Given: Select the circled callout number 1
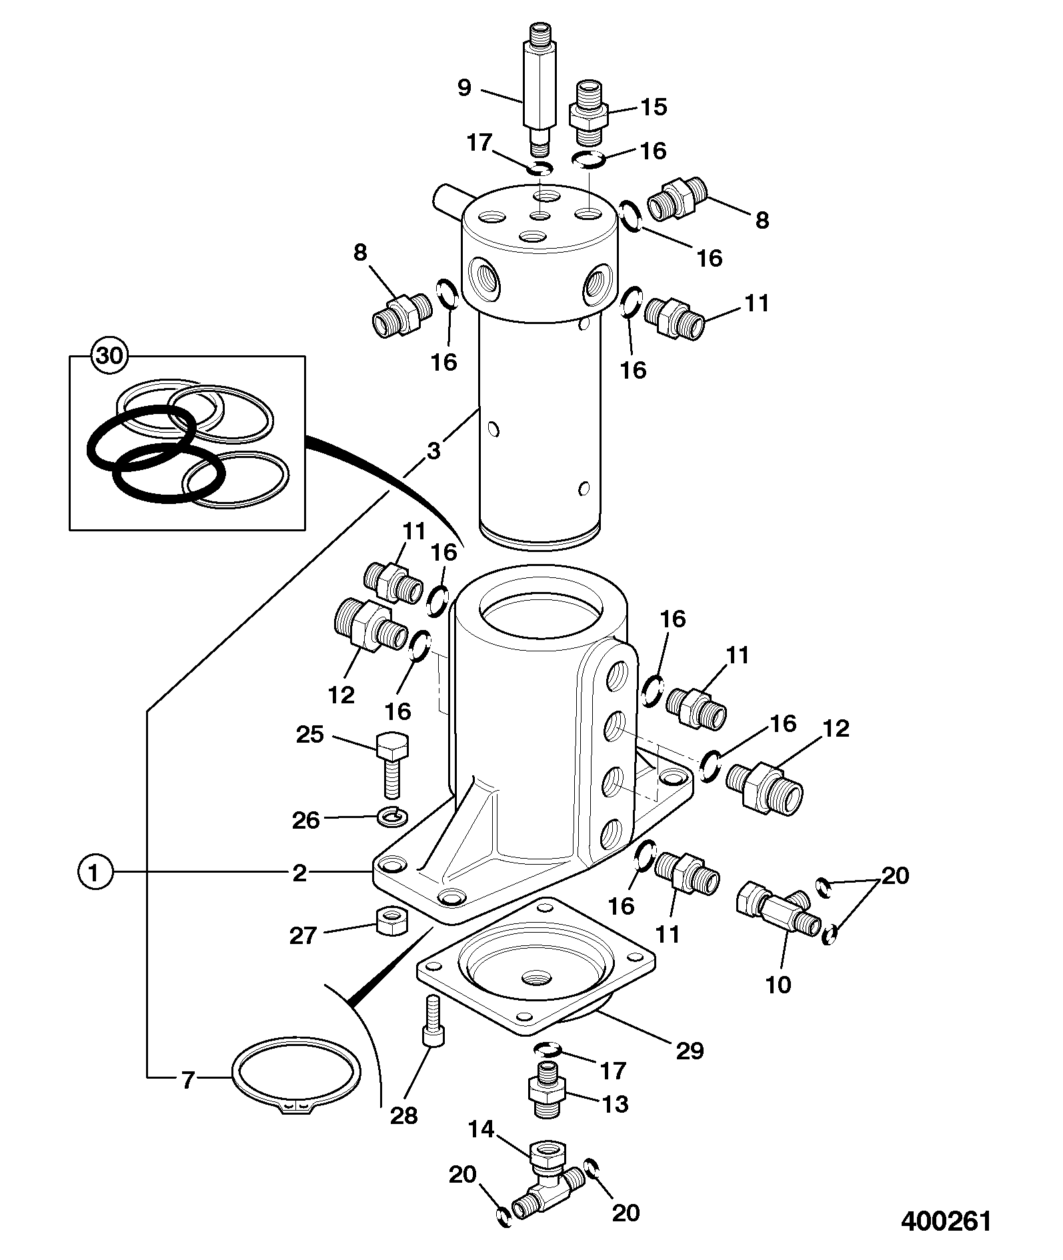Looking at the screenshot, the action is (95, 872).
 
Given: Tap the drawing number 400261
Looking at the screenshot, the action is (946, 1221).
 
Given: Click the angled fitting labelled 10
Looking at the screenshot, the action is (780, 909).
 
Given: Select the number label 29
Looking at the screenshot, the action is (690, 1050).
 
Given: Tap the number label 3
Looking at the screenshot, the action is (433, 451).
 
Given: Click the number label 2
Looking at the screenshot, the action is (299, 872).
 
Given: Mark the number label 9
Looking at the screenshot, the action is (465, 88).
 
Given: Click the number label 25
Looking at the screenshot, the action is (309, 735).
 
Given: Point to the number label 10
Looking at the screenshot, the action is (778, 984).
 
